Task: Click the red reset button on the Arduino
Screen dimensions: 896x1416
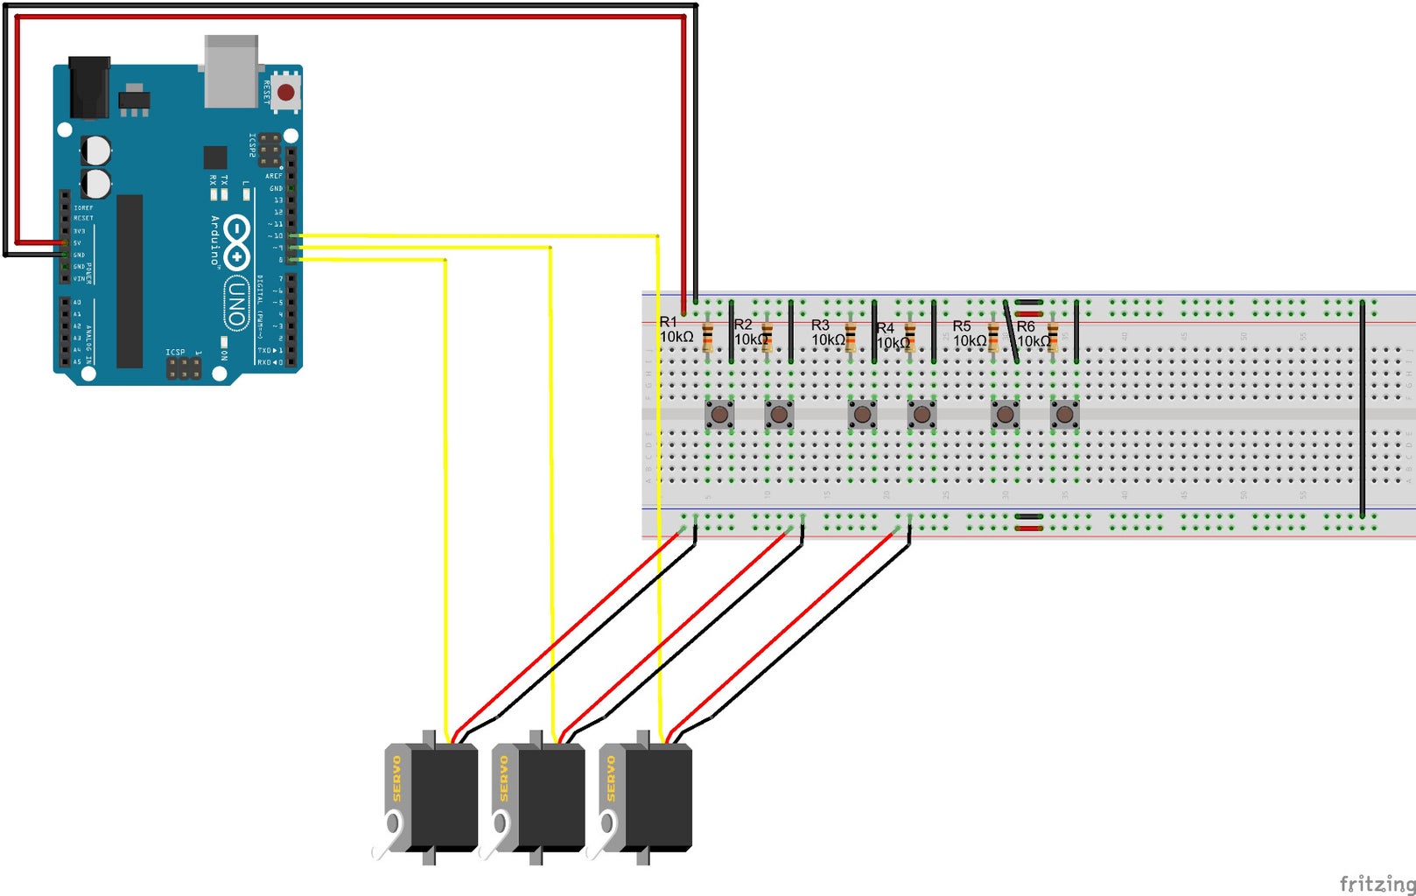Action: (x=285, y=92)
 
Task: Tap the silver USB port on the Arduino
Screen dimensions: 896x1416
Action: (x=231, y=72)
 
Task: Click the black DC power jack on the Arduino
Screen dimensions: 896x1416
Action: (x=89, y=87)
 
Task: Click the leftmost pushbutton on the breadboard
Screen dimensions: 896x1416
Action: (x=719, y=414)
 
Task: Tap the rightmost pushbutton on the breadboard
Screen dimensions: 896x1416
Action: (x=1064, y=414)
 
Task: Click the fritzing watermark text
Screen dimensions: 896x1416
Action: (x=1377, y=884)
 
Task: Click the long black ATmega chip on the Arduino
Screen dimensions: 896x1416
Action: (x=130, y=281)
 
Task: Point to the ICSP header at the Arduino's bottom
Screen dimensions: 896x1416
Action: (x=184, y=368)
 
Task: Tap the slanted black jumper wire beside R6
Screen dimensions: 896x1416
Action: (x=1011, y=332)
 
